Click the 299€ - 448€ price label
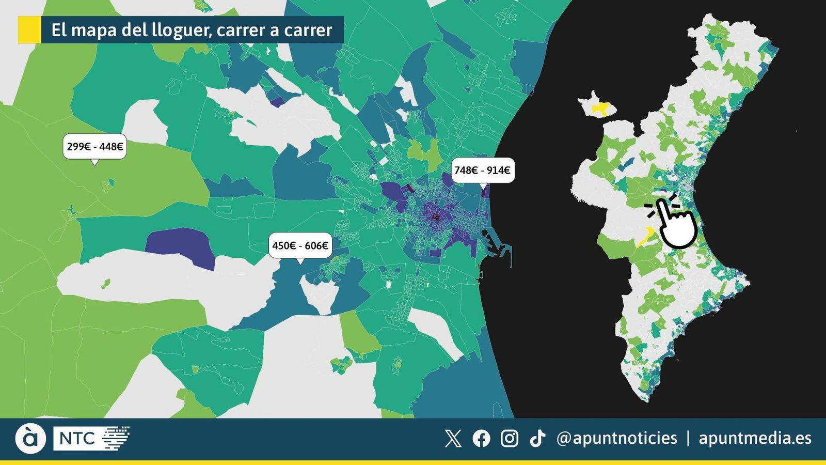(x=95, y=147)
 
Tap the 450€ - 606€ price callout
(x=300, y=245)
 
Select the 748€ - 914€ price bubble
(x=482, y=171)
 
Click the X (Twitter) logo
(x=453, y=439)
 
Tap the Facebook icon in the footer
(x=481, y=439)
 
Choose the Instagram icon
(x=510, y=439)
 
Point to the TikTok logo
(x=537, y=439)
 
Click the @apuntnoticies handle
(x=617, y=439)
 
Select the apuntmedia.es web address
(x=755, y=439)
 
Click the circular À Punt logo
(x=30, y=439)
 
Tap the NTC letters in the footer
(x=77, y=439)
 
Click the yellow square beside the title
(x=29, y=29)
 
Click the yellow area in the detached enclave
(x=600, y=109)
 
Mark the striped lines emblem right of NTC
(x=116, y=438)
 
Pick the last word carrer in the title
(x=308, y=30)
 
